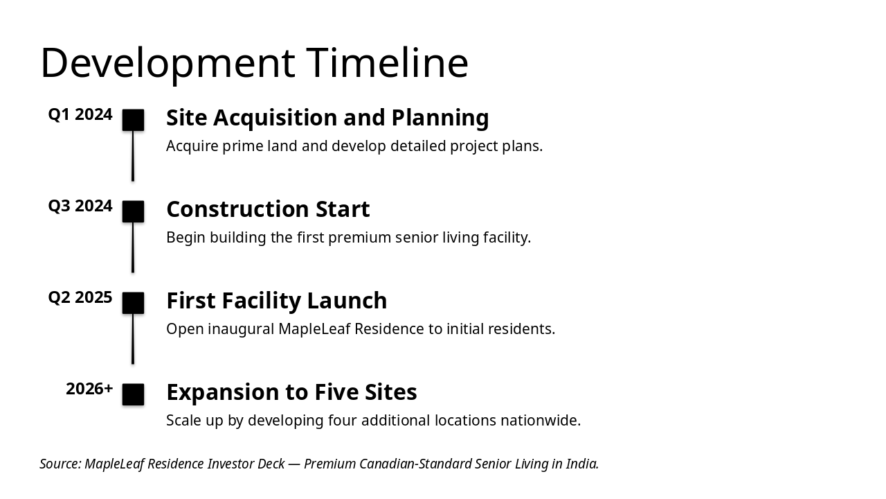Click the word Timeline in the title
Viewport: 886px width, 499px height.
[x=387, y=63]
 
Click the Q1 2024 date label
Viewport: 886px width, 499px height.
[x=80, y=114]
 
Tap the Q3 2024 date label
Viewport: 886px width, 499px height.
[x=80, y=206]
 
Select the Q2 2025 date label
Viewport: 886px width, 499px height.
[x=80, y=297]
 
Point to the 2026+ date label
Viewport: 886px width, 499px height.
[x=89, y=389]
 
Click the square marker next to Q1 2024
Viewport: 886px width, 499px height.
[x=133, y=120]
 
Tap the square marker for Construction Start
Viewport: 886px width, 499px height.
[x=133, y=211]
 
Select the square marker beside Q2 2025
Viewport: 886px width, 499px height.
[x=133, y=303]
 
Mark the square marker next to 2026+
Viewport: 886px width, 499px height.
[x=133, y=394]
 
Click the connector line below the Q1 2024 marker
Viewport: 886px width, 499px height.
[x=133, y=156]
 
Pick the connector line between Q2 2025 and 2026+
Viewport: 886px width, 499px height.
[x=133, y=339]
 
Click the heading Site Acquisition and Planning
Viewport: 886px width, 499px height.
[x=327, y=118]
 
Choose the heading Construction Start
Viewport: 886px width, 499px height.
[x=268, y=209]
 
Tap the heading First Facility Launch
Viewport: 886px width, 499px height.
[x=276, y=301]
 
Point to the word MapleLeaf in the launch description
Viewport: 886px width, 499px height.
[x=314, y=329]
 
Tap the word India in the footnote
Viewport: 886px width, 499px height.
[x=582, y=464]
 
